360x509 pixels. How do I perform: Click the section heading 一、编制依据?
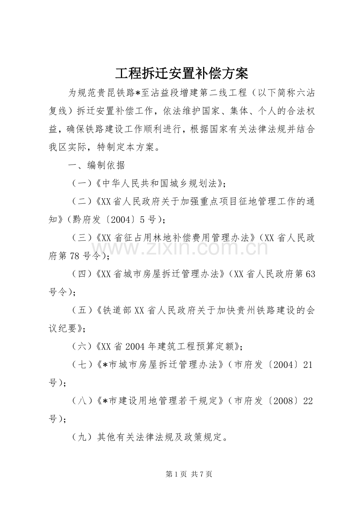click(x=96, y=165)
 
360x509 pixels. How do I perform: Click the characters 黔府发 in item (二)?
click(x=83, y=219)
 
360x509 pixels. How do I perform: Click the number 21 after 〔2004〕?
click(x=308, y=365)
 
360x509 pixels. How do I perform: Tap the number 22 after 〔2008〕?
click(x=308, y=401)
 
